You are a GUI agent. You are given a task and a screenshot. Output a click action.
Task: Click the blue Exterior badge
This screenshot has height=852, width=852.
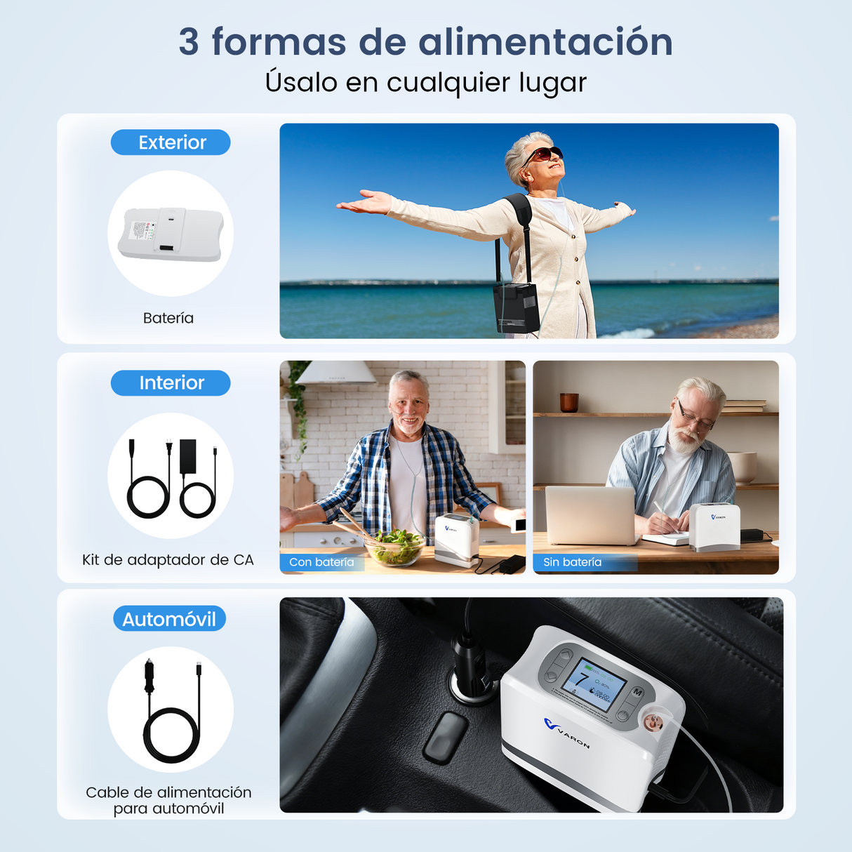(171, 142)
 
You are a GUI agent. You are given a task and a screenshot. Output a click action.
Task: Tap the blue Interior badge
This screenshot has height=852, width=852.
(171, 383)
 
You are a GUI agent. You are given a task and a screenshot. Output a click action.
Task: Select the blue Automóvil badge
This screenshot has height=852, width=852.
(169, 619)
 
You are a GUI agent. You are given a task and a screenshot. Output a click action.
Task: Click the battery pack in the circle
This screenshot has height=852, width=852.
(171, 234)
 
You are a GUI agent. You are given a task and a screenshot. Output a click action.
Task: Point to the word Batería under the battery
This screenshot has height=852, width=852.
(168, 319)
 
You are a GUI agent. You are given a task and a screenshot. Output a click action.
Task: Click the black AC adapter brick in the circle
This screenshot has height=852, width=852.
(188, 456)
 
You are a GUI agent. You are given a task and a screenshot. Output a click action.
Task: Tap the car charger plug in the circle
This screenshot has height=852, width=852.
(149, 676)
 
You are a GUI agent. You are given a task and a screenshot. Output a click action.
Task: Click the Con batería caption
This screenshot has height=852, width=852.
(321, 562)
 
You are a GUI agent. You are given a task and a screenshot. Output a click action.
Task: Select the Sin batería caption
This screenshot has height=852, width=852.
(572, 562)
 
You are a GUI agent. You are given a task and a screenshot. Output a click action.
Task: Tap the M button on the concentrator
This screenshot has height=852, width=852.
(637, 692)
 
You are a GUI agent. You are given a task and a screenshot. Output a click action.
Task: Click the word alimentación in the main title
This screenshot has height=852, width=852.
(545, 41)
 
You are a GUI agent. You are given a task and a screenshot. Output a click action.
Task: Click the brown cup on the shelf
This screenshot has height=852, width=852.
(569, 402)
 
